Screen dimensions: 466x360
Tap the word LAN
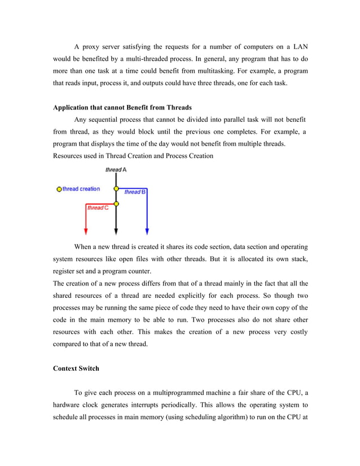tap(298, 46)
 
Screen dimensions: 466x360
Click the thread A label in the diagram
tap(116, 169)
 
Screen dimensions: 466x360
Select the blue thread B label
tap(135, 192)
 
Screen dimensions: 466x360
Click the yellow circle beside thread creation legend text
tap(59, 189)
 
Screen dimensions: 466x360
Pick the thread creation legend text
tap(81, 189)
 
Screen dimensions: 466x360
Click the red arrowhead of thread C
tap(85, 231)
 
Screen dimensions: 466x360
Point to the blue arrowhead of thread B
tap(147, 231)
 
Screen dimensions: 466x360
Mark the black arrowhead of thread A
tap(116, 231)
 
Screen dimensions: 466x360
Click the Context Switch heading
tap(76, 368)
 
